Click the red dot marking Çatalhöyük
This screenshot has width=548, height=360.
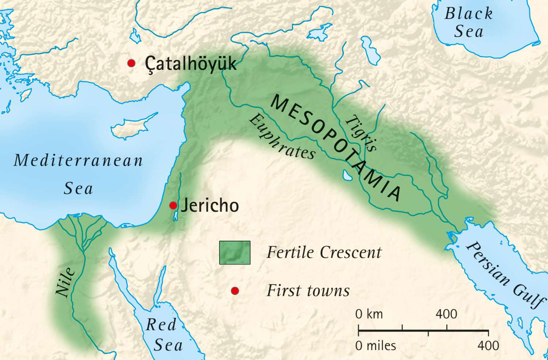tap(131, 63)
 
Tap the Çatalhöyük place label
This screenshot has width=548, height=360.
tap(190, 64)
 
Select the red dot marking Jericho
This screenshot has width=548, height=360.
tap(173, 205)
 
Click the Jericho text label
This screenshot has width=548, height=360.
tap(210, 205)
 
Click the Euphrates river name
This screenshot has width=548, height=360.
tap(282, 137)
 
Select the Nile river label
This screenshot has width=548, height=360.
tap(65, 282)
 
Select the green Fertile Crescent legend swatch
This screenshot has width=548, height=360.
tap(235, 253)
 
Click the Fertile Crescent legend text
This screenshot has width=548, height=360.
tap(324, 253)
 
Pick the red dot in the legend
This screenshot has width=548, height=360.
tap(235, 291)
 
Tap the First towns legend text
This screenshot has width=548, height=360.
tap(308, 291)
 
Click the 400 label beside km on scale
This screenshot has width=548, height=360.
tap(446, 314)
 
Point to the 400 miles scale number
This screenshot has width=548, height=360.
tap(488, 345)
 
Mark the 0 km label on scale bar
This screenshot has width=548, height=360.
tap(369, 314)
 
